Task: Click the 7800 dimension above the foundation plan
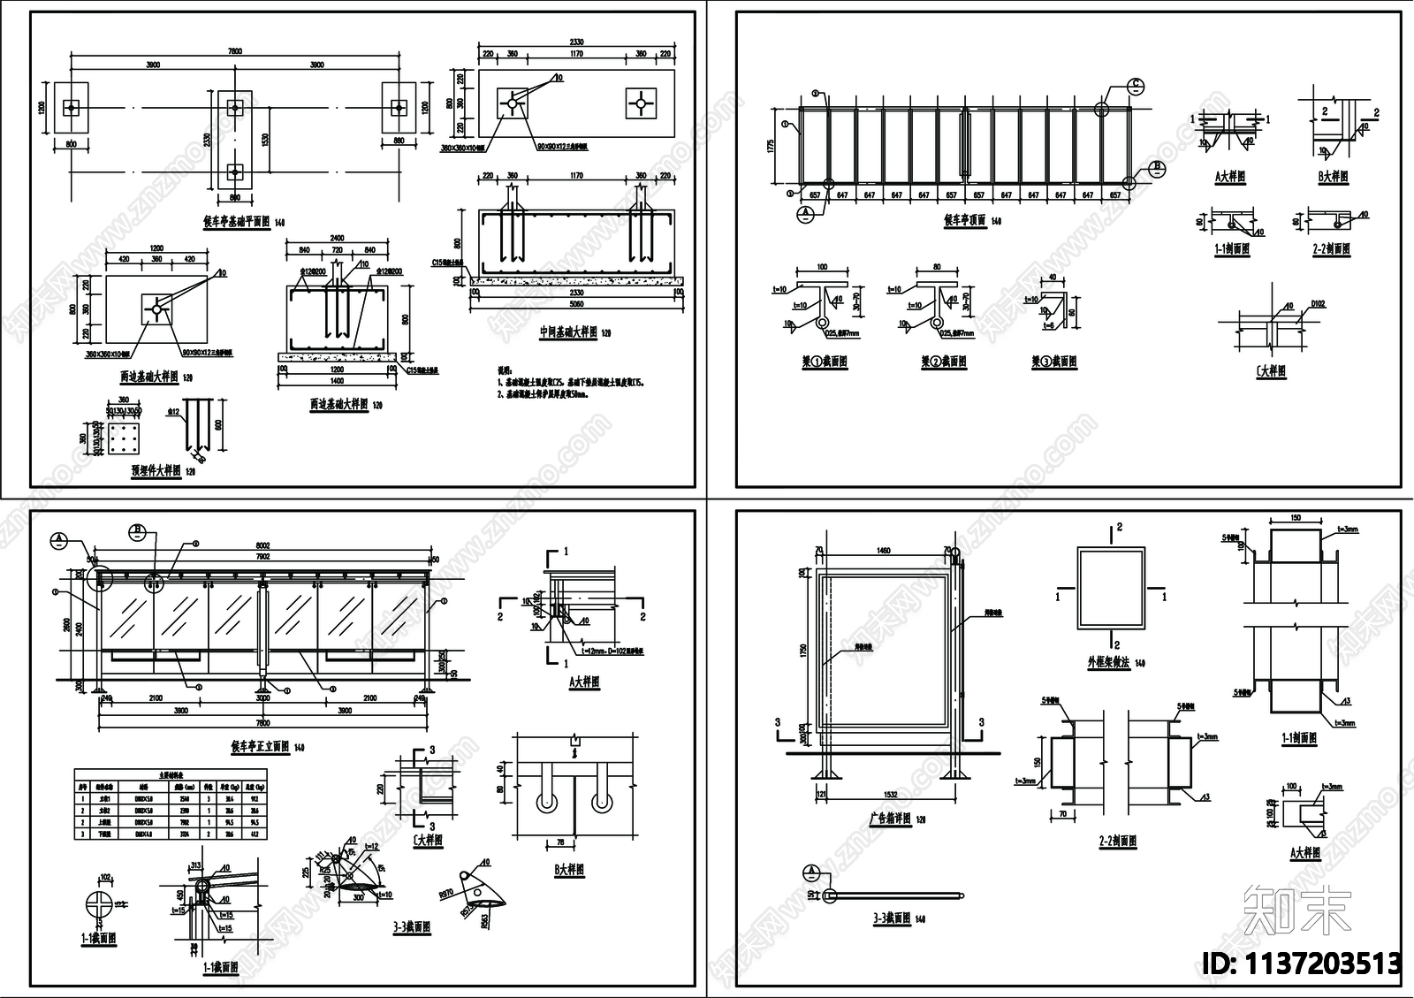(234, 51)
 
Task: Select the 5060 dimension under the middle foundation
(576, 304)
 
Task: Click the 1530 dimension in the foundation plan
(266, 140)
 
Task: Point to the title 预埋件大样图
(156, 470)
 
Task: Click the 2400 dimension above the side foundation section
(337, 238)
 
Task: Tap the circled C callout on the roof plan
(1136, 86)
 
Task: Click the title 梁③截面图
(1053, 362)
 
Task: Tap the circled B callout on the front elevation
(138, 531)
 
